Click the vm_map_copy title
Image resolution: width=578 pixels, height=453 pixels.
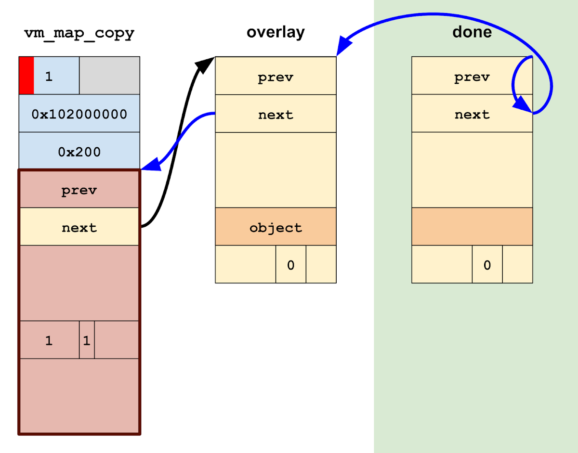tap(79, 33)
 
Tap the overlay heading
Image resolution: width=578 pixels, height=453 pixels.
tap(276, 32)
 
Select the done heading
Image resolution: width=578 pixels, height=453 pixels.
tap(472, 32)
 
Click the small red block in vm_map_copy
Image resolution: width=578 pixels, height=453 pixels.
tap(26, 76)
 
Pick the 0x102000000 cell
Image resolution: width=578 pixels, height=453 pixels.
tap(79, 114)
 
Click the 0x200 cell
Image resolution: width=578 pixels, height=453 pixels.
tap(79, 151)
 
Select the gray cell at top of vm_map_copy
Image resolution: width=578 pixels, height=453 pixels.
tap(109, 76)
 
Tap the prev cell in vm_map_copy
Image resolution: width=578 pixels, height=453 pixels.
tap(79, 189)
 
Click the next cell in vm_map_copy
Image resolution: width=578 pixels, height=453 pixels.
tap(79, 227)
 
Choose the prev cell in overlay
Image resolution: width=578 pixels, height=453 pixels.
tap(276, 76)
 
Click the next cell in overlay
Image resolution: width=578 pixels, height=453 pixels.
tap(276, 114)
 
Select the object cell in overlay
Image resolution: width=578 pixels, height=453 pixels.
tap(276, 227)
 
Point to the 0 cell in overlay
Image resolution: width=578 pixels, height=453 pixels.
tap(290, 264)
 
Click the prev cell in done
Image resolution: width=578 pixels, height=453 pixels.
tap(472, 76)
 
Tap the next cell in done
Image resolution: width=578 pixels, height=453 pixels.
tap(472, 114)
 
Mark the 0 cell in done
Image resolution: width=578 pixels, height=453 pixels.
tap(487, 264)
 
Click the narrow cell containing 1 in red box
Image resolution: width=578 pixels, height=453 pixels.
tap(87, 340)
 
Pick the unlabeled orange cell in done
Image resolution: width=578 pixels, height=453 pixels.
tap(472, 227)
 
